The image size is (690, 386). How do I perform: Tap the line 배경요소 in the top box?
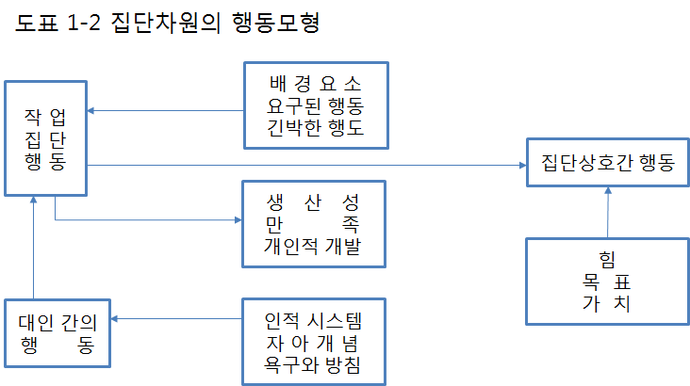[314, 82]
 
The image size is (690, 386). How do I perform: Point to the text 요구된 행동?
[314, 104]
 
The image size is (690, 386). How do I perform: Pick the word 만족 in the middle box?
[314, 224]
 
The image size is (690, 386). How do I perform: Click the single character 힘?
[607, 260]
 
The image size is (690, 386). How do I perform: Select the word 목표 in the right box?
[607, 281]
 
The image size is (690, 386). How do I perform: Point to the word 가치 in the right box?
[607, 303]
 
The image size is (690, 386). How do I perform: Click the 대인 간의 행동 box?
[57, 331]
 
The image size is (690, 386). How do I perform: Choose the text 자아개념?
[314, 341]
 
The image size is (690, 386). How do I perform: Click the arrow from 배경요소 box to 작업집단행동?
[166, 111]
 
